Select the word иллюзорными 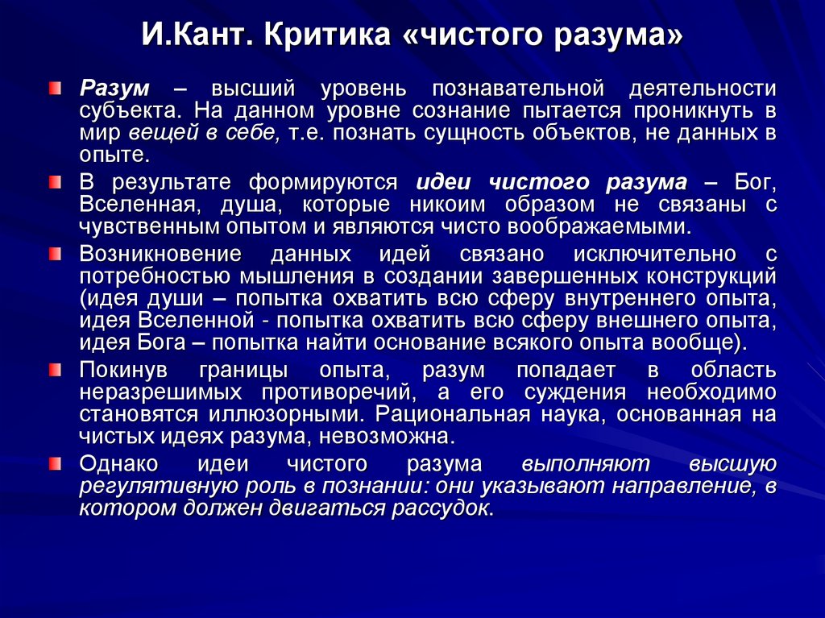point(286,415)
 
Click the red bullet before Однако point(54,464)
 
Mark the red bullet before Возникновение point(54,254)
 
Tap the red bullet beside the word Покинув point(54,371)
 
